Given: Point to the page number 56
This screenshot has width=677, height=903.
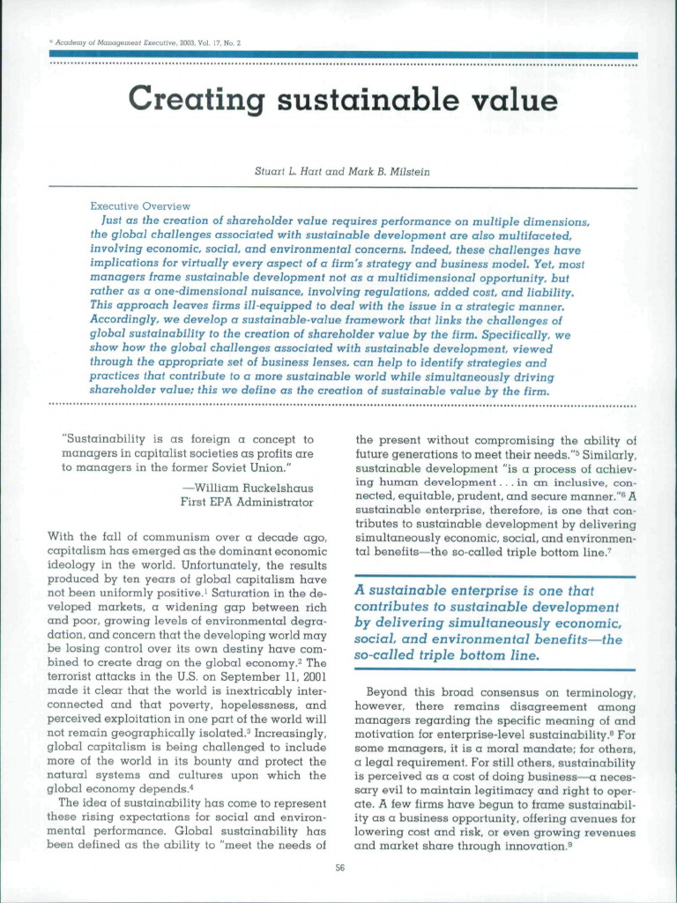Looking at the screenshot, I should [339, 869].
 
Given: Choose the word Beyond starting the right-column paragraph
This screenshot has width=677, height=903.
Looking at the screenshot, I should [387, 692].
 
